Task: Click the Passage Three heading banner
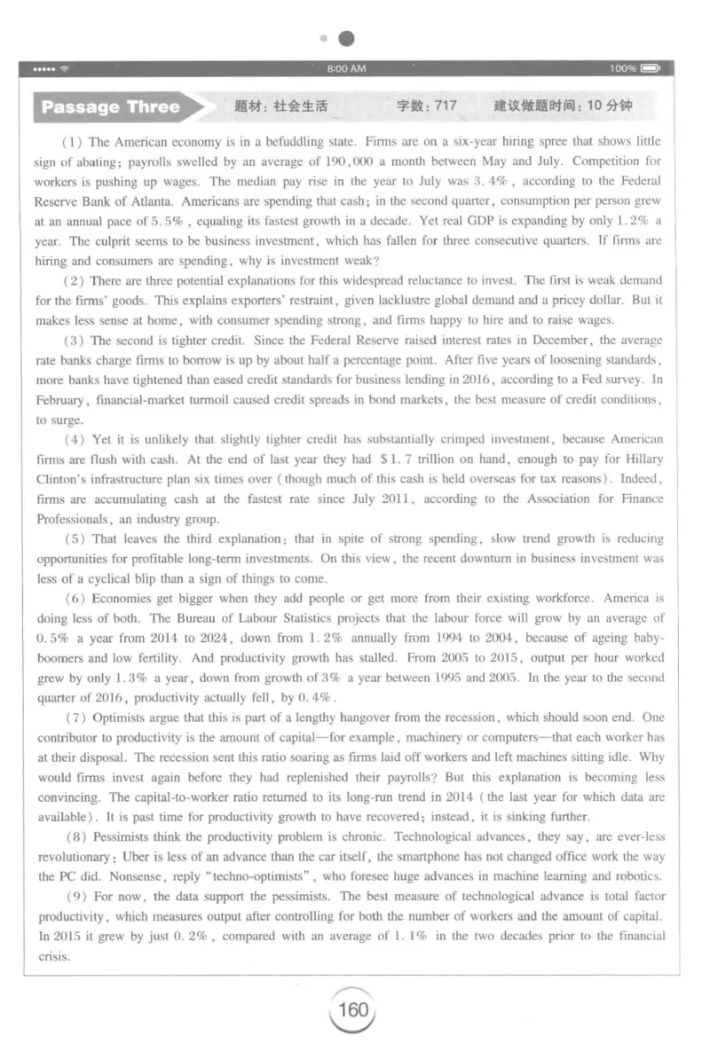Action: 111,107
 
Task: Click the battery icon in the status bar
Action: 652,68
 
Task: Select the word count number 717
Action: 446,106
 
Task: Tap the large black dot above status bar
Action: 348,38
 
